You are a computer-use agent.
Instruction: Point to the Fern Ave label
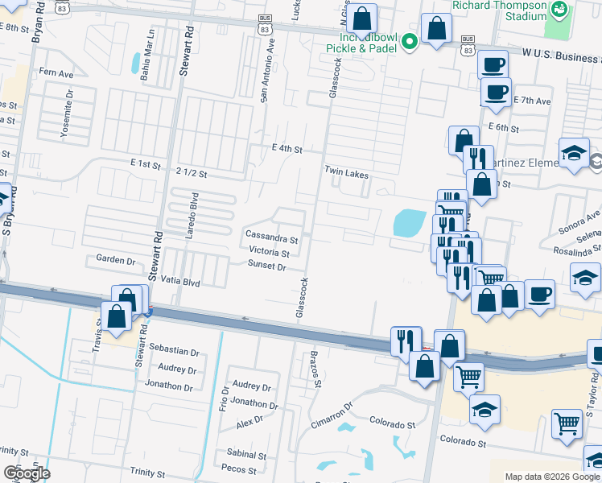[56, 72]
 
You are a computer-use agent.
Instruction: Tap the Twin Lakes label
[346, 171]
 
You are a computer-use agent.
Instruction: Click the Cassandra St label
[271, 239]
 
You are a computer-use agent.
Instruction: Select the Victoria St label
[269, 253]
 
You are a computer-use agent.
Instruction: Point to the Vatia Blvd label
[179, 283]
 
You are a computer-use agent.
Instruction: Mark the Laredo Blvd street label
[193, 213]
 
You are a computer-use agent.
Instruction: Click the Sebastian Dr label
[174, 351]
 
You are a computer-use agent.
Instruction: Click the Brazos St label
[317, 369]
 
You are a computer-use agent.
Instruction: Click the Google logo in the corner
[26, 473]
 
